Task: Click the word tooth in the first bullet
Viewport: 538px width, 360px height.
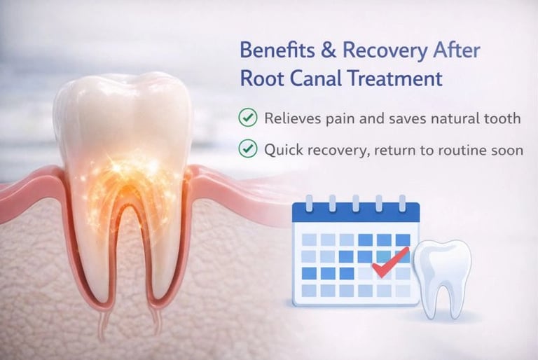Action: click(502, 118)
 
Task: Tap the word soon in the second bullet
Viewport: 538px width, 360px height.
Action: click(508, 149)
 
